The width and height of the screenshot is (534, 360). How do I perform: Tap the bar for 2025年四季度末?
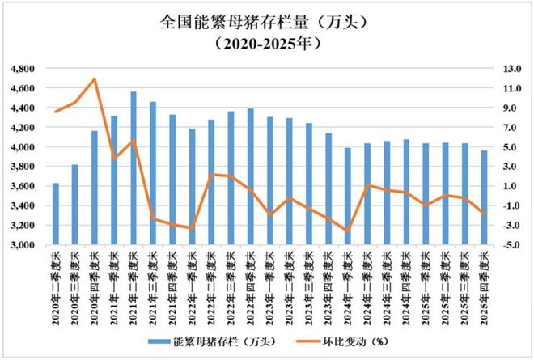[x=484, y=198]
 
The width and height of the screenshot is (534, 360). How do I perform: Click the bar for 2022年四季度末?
[x=250, y=177]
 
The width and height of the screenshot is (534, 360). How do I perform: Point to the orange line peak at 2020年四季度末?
[x=95, y=78]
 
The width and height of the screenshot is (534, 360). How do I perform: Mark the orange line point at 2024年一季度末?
[x=348, y=231]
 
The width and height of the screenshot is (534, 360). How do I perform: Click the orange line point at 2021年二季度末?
[x=133, y=141]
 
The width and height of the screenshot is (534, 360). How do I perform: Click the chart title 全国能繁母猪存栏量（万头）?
[x=266, y=19]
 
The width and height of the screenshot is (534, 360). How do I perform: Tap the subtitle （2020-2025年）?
[x=266, y=42]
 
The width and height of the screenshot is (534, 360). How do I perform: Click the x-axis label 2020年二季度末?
[x=55, y=282]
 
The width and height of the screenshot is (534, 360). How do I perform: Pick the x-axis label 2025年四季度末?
[x=484, y=282]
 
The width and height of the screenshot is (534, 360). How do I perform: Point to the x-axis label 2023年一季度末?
[x=269, y=282]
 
